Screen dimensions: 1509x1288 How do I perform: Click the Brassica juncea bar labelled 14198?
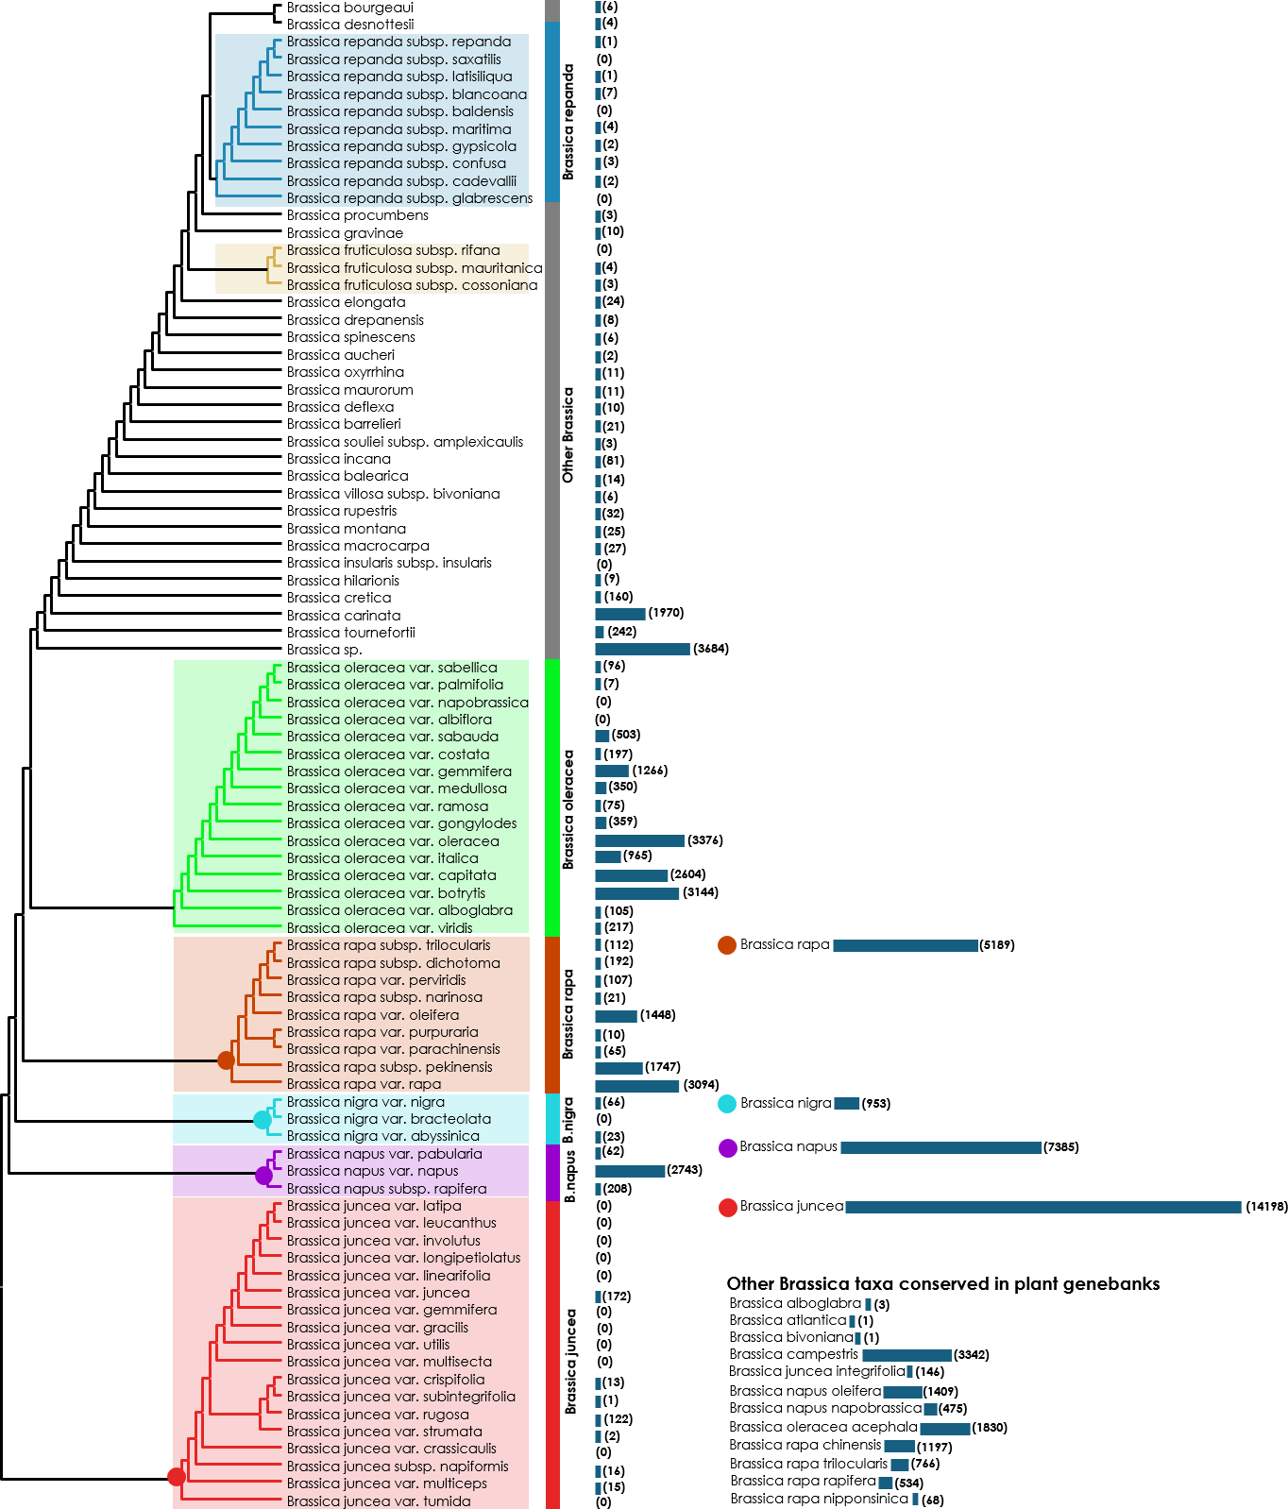pos(1042,1207)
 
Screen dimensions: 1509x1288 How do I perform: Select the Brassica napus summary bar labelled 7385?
pos(941,1147)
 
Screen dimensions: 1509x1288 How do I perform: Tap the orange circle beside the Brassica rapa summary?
pos(726,945)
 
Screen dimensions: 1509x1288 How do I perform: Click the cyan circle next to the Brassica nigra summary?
pos(726,1104)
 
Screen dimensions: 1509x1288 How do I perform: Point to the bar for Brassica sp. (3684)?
pos(642,649)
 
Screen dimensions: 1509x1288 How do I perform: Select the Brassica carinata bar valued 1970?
pos(619,614)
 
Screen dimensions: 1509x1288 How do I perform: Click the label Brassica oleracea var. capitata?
pos(391,875)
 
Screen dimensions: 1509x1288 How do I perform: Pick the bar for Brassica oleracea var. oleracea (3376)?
pos(639,840)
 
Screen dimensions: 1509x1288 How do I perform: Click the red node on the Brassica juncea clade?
pos(177,1477)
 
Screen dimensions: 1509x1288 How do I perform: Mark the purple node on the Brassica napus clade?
pos(263,1176)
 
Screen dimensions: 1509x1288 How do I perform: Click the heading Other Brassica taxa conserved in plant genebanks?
pos(942,1283)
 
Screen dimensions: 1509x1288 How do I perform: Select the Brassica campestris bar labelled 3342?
pos(907,1355)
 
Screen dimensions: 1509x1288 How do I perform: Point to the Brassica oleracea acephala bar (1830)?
pos(944,1428)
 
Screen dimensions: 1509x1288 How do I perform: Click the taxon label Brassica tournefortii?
pos(350,633)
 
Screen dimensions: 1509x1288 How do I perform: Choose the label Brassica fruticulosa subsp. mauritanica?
pos(414,268)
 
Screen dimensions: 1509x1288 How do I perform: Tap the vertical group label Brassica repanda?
pos(568,122)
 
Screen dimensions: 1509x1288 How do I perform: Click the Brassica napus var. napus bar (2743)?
pos(629,1171)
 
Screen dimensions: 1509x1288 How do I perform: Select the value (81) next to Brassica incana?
pos(614,461)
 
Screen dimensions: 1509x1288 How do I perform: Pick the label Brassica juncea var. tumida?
pos(379,1501)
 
